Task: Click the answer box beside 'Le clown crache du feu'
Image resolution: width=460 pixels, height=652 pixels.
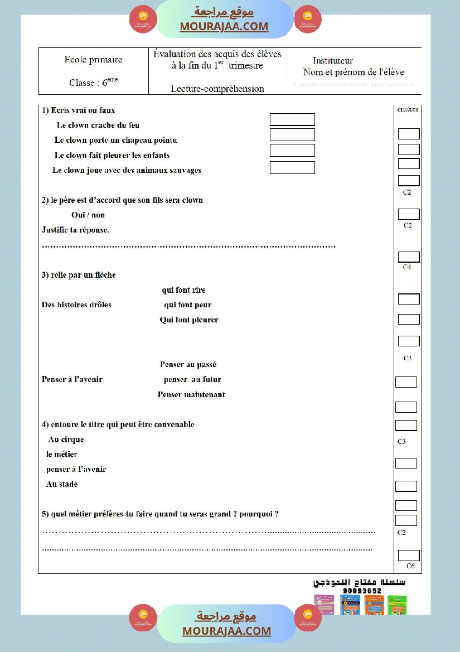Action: pos(292,119)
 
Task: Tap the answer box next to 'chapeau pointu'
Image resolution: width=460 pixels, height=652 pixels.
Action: pos(292,135)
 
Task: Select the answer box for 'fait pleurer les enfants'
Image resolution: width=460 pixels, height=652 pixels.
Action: pos(292,150)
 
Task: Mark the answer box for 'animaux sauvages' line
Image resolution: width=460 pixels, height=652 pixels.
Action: pos(292,167)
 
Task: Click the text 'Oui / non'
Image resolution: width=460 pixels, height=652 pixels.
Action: pos(88,215)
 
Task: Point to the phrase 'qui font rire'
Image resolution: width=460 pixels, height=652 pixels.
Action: pos(183,290)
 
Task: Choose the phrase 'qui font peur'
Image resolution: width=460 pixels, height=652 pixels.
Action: pos(187,305)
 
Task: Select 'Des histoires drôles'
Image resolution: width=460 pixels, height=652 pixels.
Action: pos(76,305)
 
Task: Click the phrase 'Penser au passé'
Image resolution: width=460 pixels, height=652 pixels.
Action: pos(188,365)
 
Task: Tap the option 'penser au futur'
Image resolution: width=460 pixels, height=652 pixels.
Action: pos(192,379)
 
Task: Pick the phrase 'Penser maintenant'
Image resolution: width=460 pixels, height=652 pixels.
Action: pos(191,394)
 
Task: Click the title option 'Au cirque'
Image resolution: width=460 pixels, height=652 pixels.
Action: pos(66,440)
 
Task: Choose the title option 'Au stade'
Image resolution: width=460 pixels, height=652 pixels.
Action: pos(62,484)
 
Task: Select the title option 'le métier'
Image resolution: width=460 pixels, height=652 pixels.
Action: pos(62,455)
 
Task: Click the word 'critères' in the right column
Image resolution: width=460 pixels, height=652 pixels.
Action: pos(408,109)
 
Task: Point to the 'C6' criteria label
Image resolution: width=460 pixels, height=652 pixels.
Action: pos(410,566)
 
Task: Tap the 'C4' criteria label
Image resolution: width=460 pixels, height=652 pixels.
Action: pos(407,267)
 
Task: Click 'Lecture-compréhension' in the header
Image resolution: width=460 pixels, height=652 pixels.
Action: pos(217,89)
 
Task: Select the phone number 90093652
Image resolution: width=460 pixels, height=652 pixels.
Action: pos(362,591)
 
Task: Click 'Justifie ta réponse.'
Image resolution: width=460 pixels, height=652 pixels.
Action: pos(75,230)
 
